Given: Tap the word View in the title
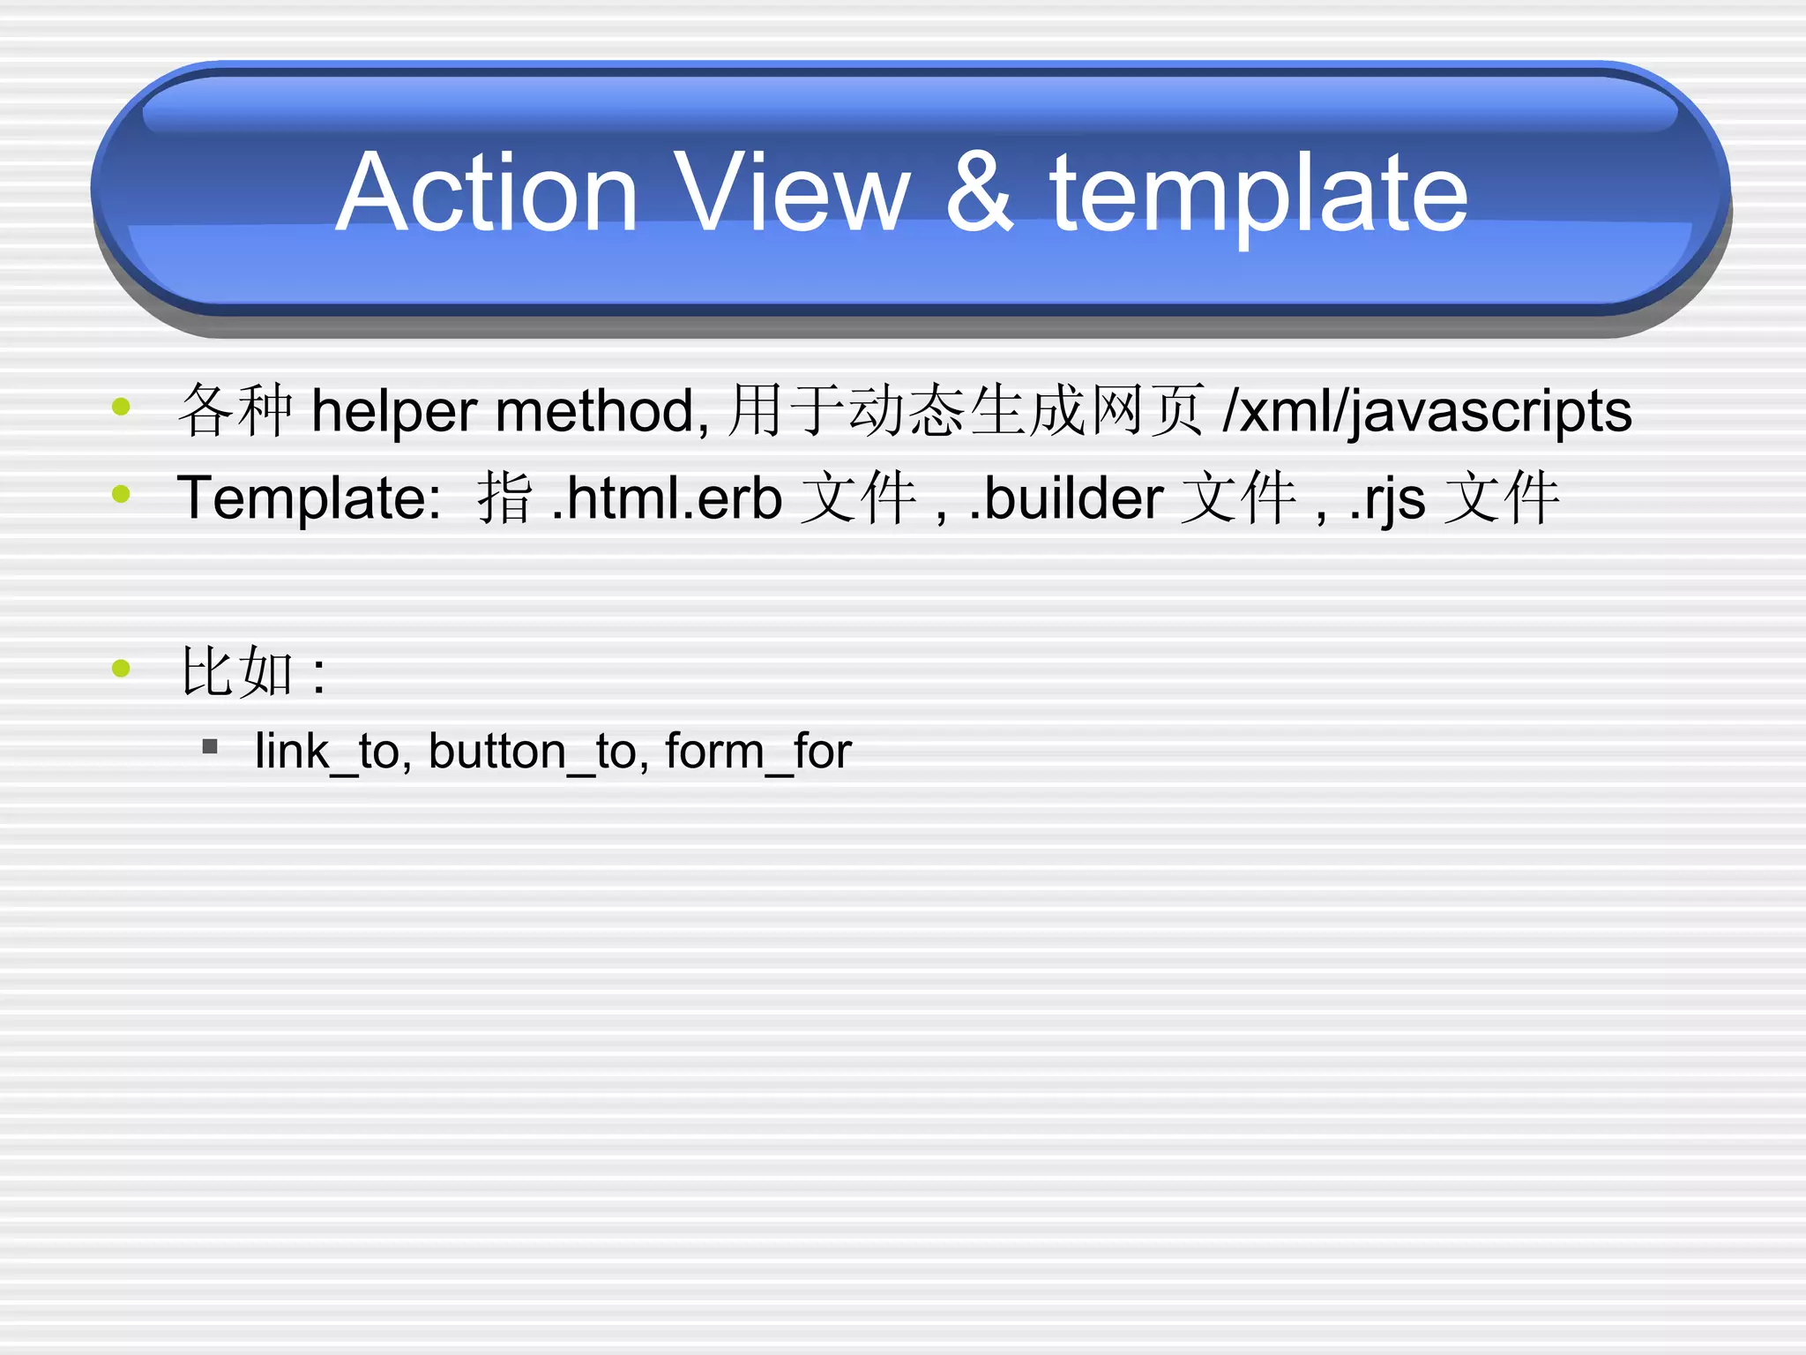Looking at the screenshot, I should click(791, 193).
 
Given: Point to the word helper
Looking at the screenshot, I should click(393, 412).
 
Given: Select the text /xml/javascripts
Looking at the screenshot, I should click(1427, 412).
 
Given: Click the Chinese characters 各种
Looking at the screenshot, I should click(235, 411).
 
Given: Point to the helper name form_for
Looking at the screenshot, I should click(758, 752).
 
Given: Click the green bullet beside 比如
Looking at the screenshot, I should click(122, 669).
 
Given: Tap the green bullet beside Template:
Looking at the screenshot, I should click(122, 494).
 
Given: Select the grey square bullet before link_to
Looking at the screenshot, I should click(210, 747).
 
